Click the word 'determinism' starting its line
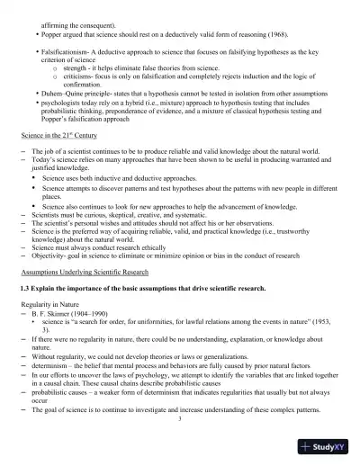tap(50, 367)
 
